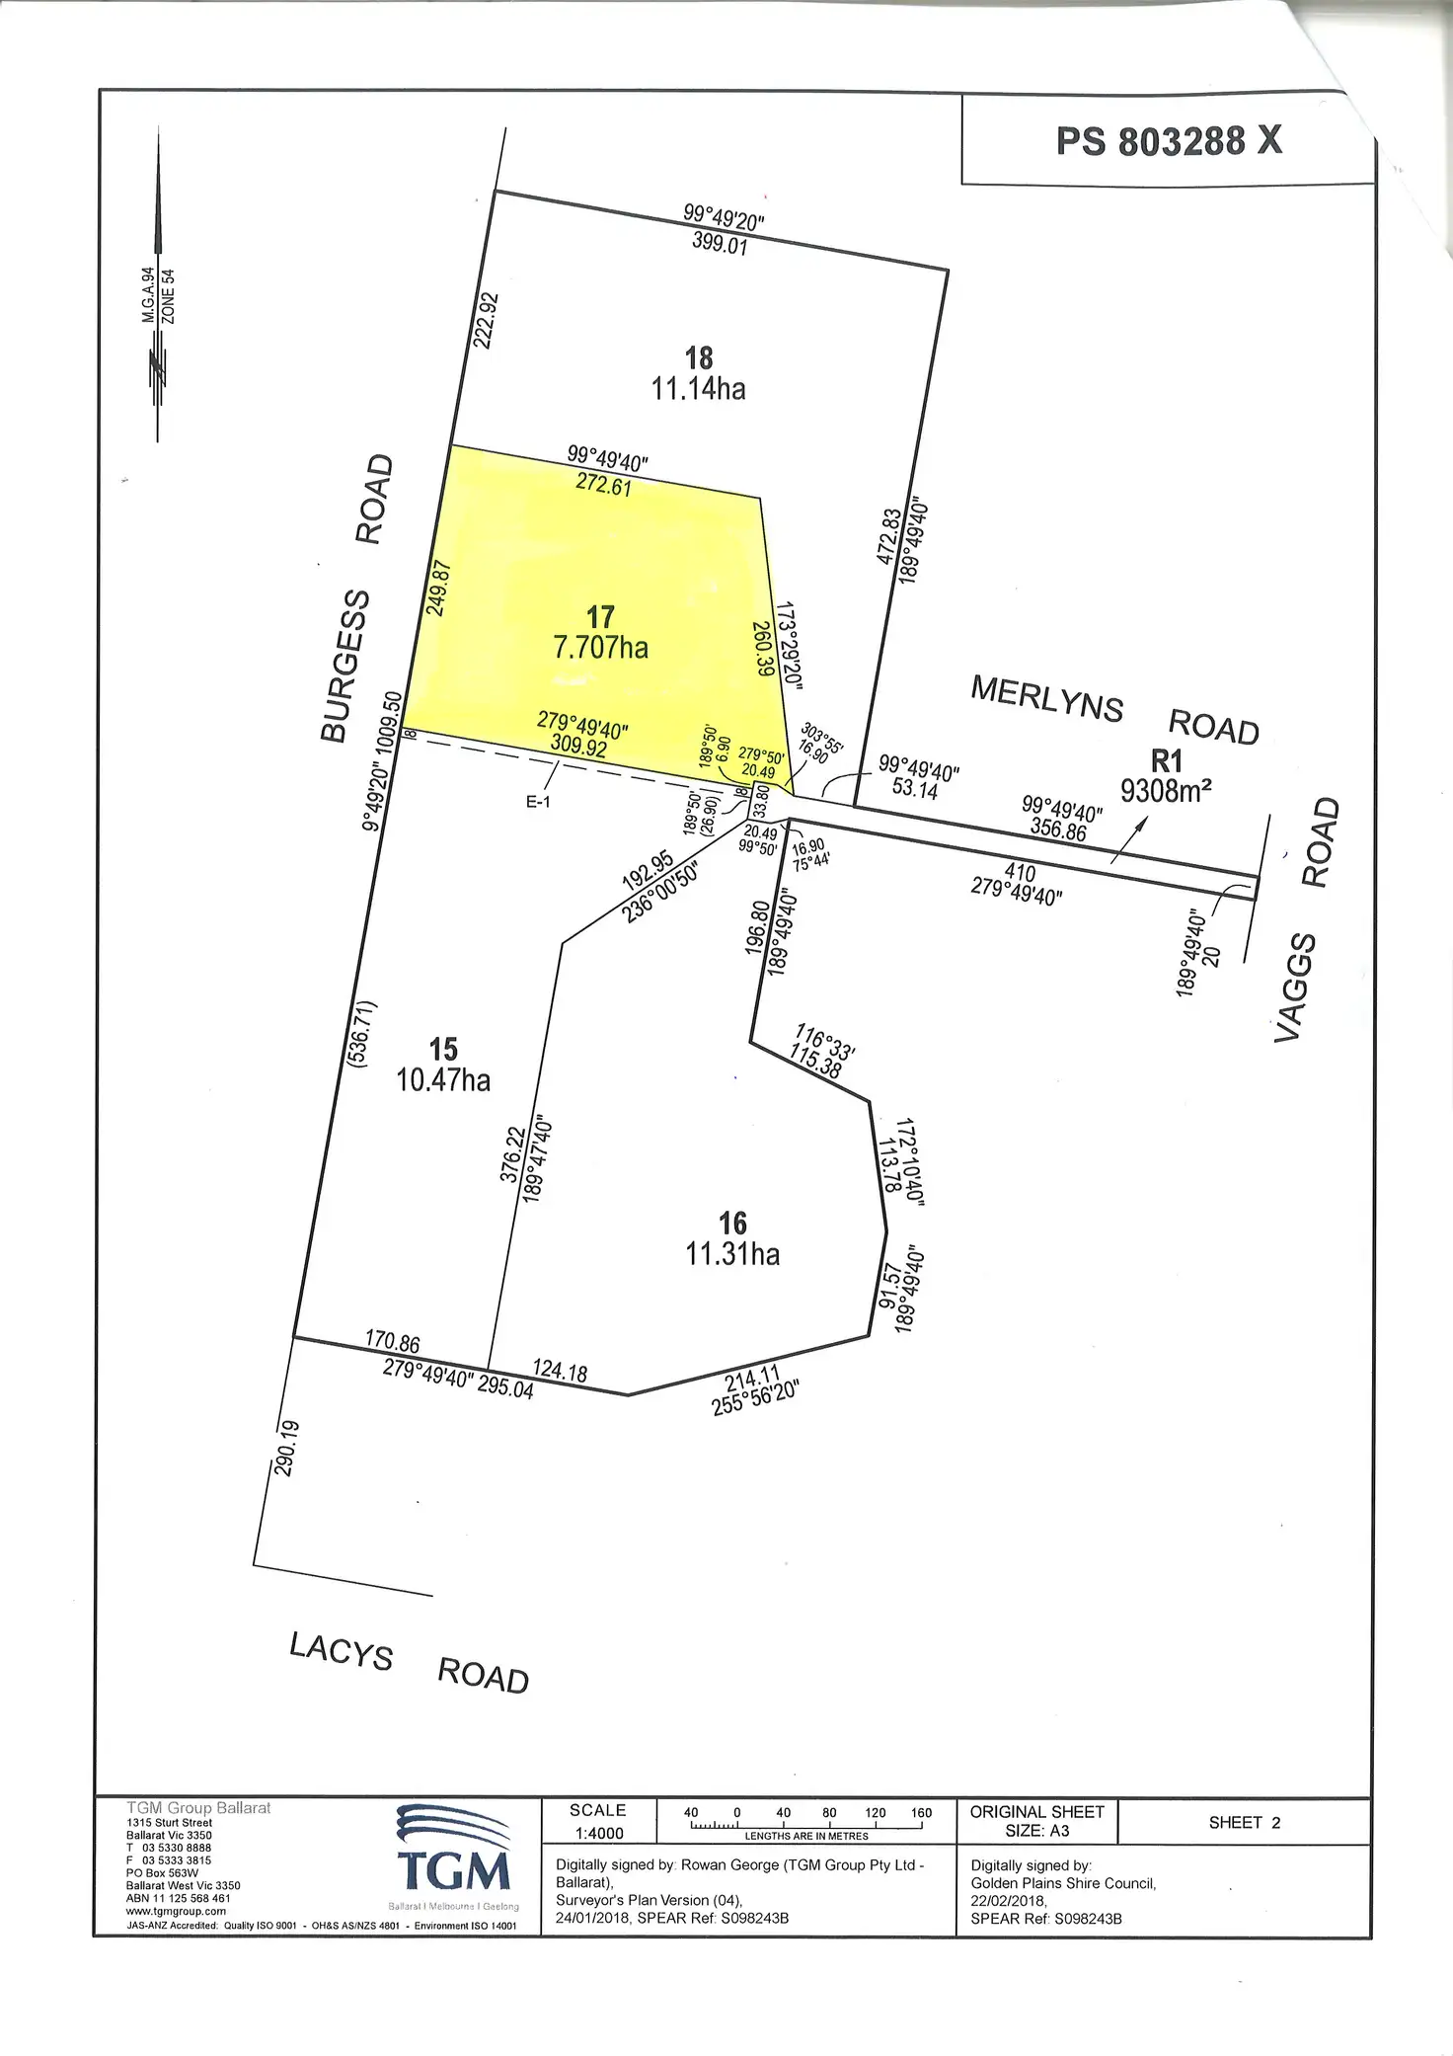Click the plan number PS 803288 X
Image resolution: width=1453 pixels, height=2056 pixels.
coord(1169,141)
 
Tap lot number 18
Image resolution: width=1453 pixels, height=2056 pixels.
coord(699,357)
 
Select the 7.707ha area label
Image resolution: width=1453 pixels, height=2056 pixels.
coord(600,648)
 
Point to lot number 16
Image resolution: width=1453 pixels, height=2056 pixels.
coord(732,1224)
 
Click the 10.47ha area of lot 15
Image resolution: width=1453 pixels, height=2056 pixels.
coord(443,1079)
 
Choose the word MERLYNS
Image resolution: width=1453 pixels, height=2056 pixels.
coord(1046,698)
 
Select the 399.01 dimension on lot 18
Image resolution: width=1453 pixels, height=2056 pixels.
coord(720,242)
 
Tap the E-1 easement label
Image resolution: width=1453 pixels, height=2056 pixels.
coord(538,802)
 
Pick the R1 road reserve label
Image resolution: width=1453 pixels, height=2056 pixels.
coord(1167,760)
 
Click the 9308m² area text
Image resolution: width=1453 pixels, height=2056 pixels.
coord(1166,791)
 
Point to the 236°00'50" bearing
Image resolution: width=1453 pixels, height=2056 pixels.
coord(660,892)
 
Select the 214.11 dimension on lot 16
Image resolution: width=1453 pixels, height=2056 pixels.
coord(752,1378)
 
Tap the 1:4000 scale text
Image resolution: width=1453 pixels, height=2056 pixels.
coord(599,1833)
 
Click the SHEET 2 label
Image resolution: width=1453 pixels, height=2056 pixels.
coord(1244,1823)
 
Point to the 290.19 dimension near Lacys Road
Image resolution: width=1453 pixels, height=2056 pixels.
coord(286,1448)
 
